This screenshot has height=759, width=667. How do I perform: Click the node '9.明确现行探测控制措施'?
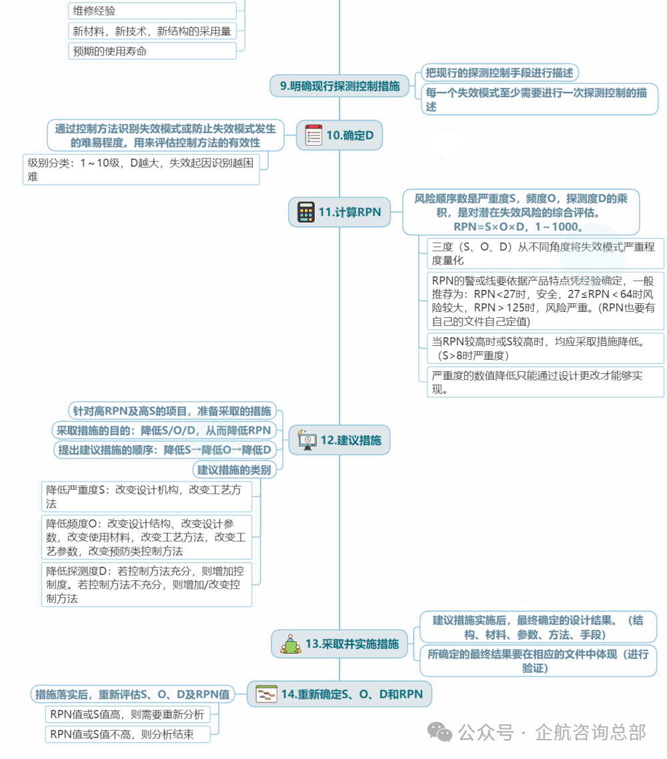pos(340,86)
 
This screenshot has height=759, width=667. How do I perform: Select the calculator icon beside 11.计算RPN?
pos(306,212)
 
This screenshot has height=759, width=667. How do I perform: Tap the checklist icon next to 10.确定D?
pos(313,135)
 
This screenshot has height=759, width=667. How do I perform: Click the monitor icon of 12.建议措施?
pos(307,440)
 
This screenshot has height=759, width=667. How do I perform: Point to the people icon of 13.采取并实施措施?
pos(291,644)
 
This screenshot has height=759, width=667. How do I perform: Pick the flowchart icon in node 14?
pos(266,694)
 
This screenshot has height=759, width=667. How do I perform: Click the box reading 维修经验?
pos(152,11)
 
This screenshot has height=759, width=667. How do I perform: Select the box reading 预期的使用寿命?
pos(152,51)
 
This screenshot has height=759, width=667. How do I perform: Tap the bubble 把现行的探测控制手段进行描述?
pos(500,73)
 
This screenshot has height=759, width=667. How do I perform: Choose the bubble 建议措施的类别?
pos(234,470)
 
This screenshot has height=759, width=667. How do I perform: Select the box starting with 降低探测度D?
pos(147,584)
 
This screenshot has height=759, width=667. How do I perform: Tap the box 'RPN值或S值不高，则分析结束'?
pos(128,734)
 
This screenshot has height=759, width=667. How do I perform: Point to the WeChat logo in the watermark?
pos(440,732)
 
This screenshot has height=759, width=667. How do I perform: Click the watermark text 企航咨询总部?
pos(590,732)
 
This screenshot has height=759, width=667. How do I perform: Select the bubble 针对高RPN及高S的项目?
pos(173,411)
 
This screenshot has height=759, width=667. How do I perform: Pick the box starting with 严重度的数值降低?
pos(546,382)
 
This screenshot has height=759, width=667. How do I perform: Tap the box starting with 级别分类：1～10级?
pos(141,169)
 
